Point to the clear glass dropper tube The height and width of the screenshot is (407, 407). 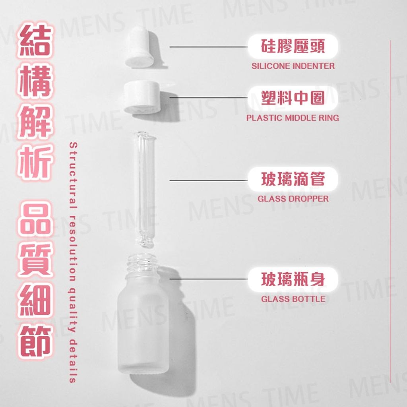(x=145, y=189)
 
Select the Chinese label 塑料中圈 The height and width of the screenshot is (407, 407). (x=293, y=98)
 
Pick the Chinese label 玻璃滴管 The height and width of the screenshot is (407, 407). (x=293, y=179)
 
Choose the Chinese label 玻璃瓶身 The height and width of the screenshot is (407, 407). (x=293, y=279)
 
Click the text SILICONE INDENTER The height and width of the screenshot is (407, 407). (x=293, y=66)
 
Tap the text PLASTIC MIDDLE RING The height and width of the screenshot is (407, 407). (x=293, y=118)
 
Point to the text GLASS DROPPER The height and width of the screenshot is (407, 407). (x=293, y=199)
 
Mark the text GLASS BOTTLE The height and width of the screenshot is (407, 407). (x=293, y=299)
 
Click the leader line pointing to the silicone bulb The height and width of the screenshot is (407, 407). (x=209, y=47)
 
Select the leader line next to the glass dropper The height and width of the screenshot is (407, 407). (x=209, y=180)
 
